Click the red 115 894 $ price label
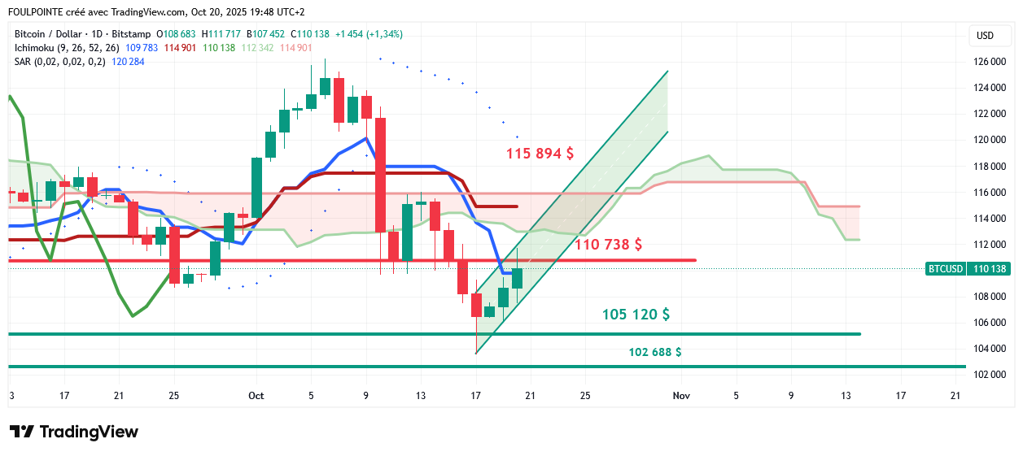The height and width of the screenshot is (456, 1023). click(x=540, y=153)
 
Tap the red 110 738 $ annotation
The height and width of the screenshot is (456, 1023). click(x=609, y=244)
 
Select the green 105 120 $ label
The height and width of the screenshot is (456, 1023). click(x=636, y=315)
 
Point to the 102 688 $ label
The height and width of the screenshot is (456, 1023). click(x=655, y=352)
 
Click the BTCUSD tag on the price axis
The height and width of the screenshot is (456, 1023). click(x=945, y=268)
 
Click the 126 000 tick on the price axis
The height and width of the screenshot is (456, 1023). click(x=990, y=62)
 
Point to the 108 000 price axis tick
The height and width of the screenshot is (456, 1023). click(x=990, y=297)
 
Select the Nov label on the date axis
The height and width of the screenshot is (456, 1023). click(x=681, y=396)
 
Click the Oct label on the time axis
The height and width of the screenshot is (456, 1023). click(x=256, y=396)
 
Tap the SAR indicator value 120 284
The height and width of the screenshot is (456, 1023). click(x=129, y=62)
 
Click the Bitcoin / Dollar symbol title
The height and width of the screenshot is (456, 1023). click(x=48, y=34)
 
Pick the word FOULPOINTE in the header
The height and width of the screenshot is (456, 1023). click(x=38, y=12)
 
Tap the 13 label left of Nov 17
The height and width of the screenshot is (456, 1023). click(x=846, y=396)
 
